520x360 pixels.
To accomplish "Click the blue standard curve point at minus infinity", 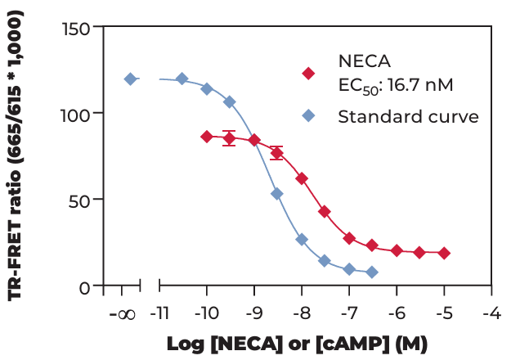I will pyautogui.click(x=130, y=79).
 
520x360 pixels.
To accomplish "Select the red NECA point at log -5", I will pyautogui.click(x=444, y=254).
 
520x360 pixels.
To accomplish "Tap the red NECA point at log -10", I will pyautogui.click(x=207, y=137).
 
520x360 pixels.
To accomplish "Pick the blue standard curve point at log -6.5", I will pyautogui.click(x=372, y=272).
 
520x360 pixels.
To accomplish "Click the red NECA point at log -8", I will pyautogui.click(x=302, y=178).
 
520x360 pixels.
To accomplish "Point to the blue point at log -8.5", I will pyautogui.click(x=277, y=194).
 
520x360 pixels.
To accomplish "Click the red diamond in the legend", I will pyautogui.click(x=308, y=73).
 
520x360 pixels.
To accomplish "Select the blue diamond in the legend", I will pyautogui.click(x=308, y=115).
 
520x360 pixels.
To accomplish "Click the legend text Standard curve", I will pyautogui.click(x=408, y=115).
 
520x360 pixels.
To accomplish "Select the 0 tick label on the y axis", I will pyautogui.click(x=86, y=286).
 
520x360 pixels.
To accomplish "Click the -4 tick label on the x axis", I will pyautogui.click(x=491, y=313).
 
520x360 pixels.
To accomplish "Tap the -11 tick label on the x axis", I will pyautogui.click(x=159, y=313).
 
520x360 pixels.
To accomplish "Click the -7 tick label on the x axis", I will pyautogui.click(x=348, y=313).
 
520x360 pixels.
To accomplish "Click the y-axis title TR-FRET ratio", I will pyautogui.click(x=17, y=155).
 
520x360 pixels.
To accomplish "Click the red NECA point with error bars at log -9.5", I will pyautogui.click(x=230, y=138).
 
